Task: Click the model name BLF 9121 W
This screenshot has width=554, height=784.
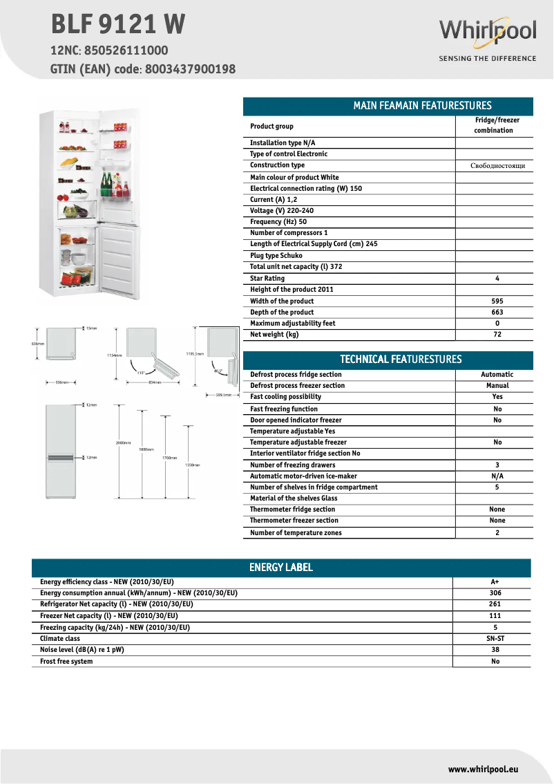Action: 118,24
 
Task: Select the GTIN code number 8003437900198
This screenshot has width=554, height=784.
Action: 190,69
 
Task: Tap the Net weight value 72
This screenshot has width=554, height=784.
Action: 497,335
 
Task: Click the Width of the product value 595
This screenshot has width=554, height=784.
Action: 497,301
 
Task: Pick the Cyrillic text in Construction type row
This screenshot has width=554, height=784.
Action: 497,166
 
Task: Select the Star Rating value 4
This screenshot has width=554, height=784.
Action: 497,279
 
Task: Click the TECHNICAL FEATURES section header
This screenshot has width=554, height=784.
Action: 401,360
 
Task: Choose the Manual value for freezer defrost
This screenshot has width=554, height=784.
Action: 497,386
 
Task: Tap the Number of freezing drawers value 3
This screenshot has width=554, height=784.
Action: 497,465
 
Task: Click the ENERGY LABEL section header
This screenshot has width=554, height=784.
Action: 280,568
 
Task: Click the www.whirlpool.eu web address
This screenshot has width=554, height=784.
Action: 483,769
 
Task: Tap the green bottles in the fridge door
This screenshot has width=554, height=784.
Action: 107,185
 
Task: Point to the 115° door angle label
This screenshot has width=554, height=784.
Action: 141,372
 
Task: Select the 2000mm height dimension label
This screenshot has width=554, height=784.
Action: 124,442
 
